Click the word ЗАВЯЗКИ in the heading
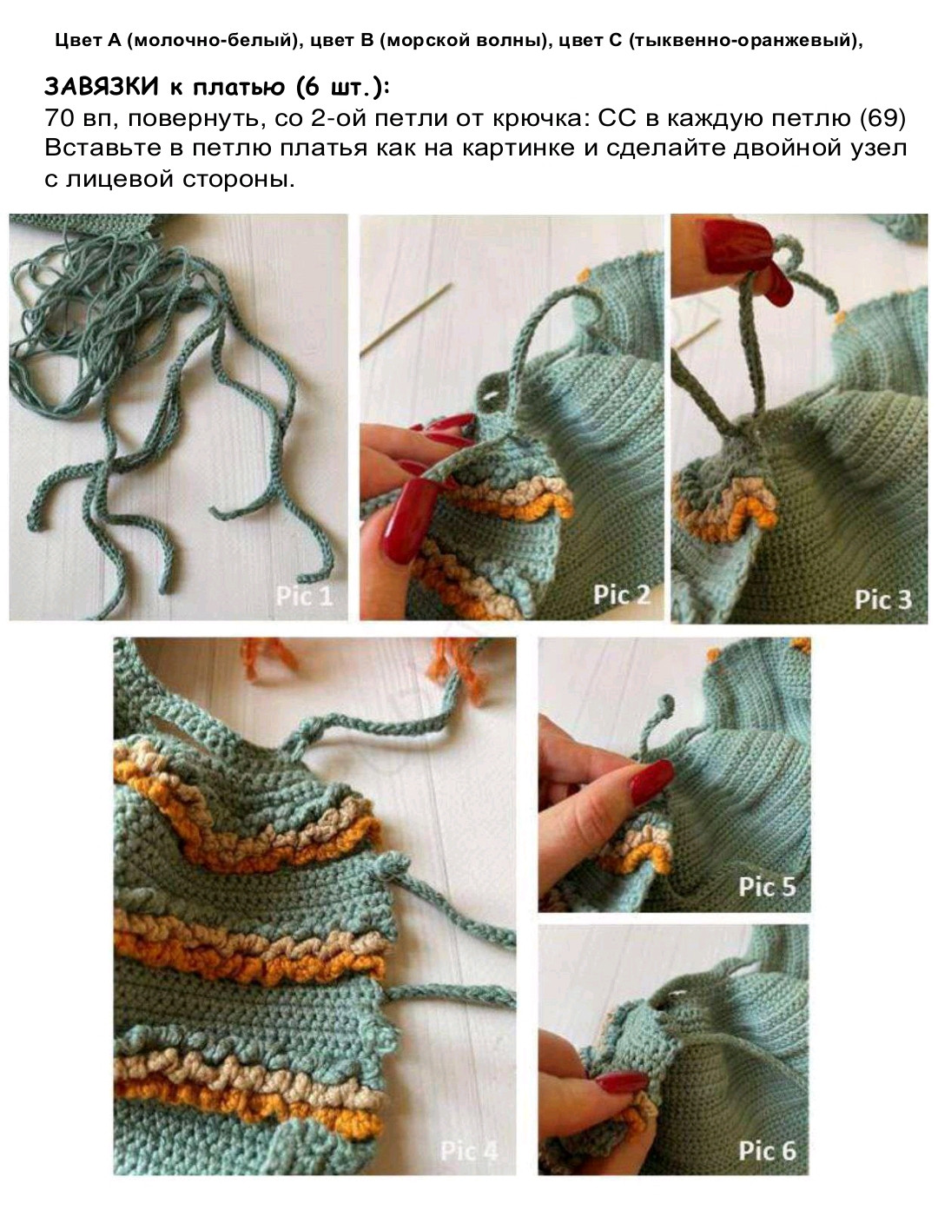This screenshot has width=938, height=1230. (x=102, y=87)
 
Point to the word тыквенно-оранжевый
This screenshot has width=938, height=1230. (x=741, y=40)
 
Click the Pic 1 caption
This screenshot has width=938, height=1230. (x=304, y=596)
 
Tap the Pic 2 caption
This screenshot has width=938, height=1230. (x=622, y=595)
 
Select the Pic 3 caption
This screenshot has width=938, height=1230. (x=883, y=599)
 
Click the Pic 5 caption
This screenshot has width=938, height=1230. (x=767, y=887)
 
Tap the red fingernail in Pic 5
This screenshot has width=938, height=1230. (x=651, y=782)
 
